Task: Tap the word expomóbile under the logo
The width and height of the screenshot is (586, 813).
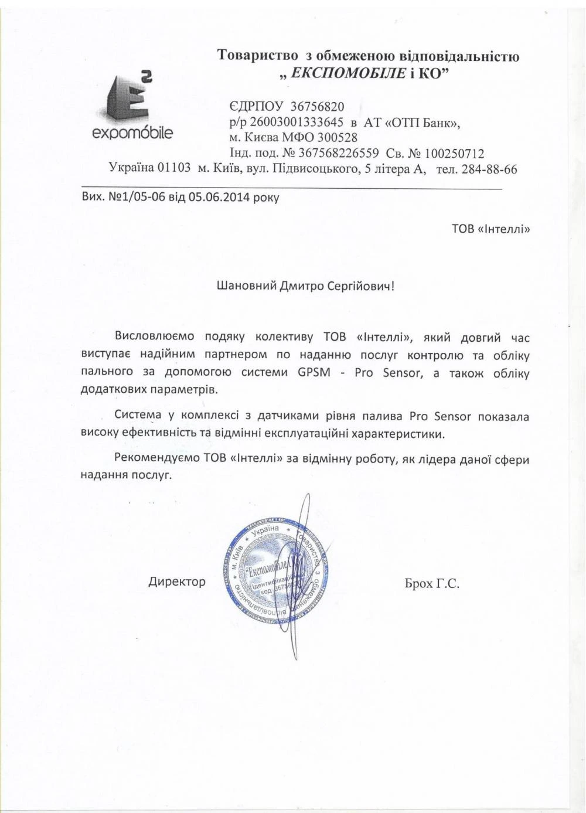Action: click(133, 133)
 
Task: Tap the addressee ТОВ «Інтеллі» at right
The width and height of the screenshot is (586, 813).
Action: click(490, 229)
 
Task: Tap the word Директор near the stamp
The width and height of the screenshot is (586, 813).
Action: click(177, 581)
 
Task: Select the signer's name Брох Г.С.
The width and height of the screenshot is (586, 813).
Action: click(431, 583)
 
